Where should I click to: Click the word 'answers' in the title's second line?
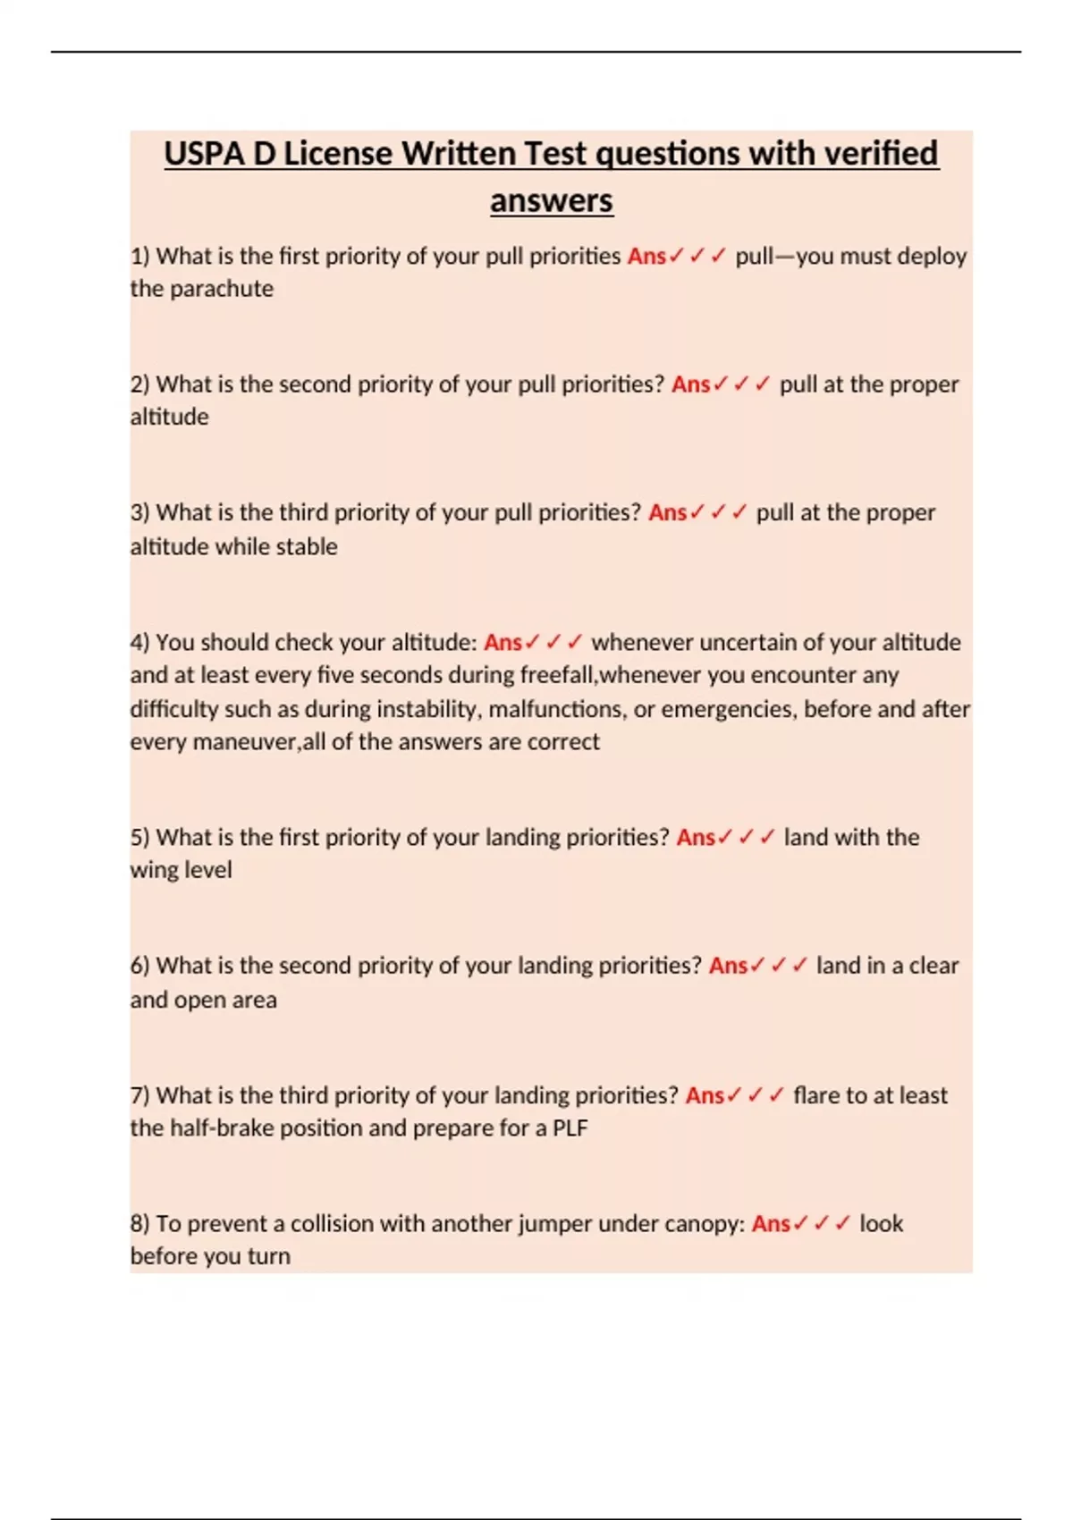(x=551, y=200)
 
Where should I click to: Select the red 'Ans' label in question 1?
(x=646, y=257)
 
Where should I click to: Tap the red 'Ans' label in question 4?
(x=503, y=643)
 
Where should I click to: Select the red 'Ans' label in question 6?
(x=728, y=967)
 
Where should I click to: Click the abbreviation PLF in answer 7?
(x=570, y=1128)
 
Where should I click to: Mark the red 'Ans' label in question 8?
(x=771, y=1224)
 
